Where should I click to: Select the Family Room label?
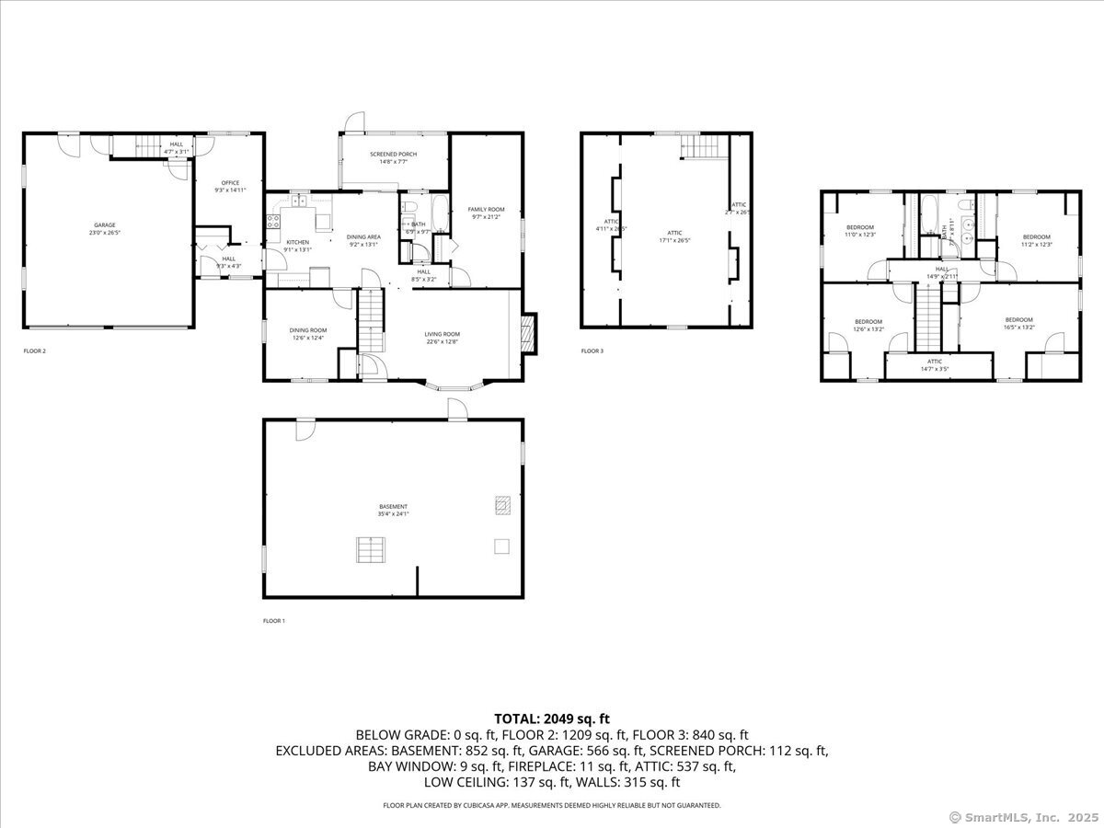point(487,213)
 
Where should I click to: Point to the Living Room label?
point(442,338)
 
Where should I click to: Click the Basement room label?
point(393,510)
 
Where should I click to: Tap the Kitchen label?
point(298,246)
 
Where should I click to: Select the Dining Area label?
point(363,241)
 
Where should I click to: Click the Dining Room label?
point(308,334)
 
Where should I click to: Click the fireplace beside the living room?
point(527,330)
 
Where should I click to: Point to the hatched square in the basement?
point(502,504)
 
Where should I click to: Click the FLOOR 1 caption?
point(274,621)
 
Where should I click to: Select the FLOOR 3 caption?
point(592,351)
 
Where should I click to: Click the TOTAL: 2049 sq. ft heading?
point(552,719)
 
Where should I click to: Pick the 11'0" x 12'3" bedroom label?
point(859,231)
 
